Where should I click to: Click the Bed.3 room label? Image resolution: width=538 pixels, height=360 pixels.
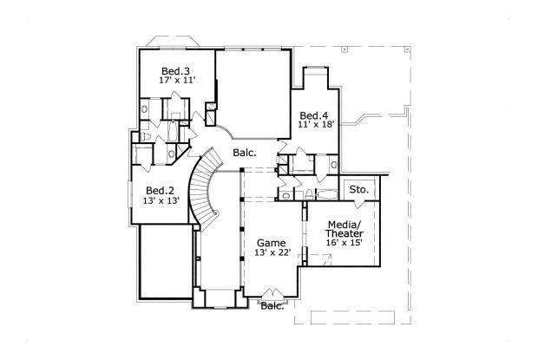(x=176, y=70)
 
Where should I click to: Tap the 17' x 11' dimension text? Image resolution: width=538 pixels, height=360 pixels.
(x=176, y=81)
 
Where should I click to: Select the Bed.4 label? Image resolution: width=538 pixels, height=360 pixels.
(x=313, y=115)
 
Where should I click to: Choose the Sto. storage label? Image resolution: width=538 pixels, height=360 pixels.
(x=358, y=189)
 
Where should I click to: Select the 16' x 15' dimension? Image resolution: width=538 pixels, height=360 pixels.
(x=344, y=244)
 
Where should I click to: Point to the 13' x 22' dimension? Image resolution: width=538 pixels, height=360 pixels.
(x=272, y=253)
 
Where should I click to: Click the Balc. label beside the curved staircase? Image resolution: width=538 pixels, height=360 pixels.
(x=243, y=154)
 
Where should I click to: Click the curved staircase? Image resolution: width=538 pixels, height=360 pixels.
(x=206, y=187)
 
